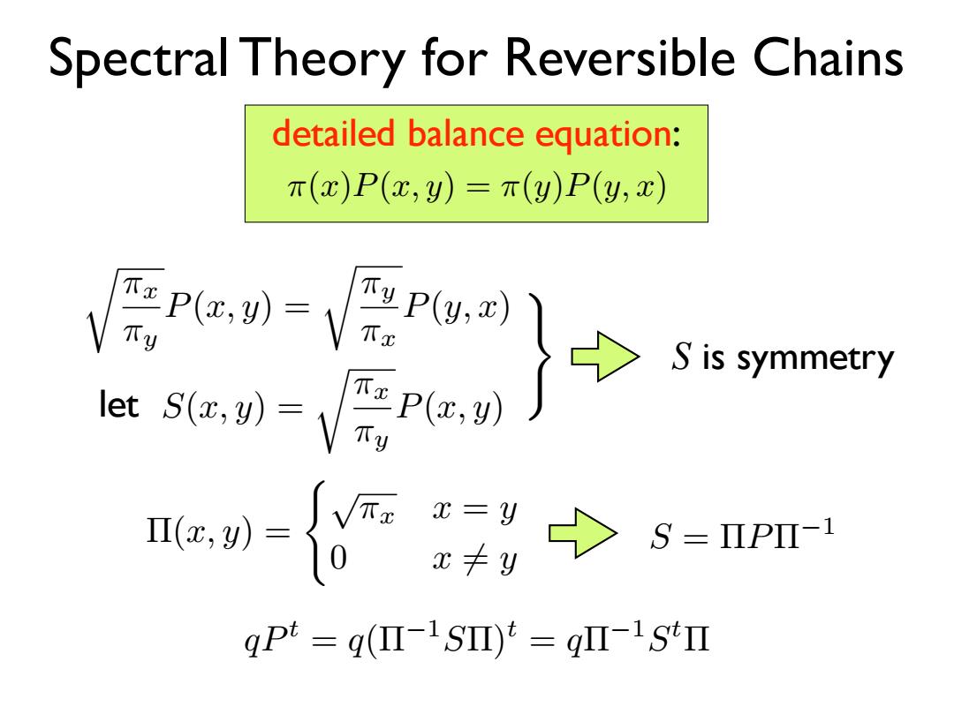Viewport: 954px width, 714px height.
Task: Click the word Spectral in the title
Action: pyautogui.click(x=139, y=59)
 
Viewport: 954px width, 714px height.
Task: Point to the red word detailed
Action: pyautogui.click(x=333, y=133)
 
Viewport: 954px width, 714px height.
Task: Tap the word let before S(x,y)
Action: pyautogui.click(x=118, y=405)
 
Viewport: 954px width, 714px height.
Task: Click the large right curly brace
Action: pyautogui.click(x=541, y=357)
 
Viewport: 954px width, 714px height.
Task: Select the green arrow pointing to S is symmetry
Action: pyautogui.click(x=605, y=357)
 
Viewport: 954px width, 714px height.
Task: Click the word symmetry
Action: pyautogui.click(x=815, y=358)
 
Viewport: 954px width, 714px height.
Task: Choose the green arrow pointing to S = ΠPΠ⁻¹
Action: pyautogui.click(x=583, y=533)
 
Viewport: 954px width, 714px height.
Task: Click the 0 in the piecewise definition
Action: pyautogui.click(x=338, y=557)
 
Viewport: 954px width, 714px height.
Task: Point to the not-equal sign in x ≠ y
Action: pyautogui.click(x=475, y=559)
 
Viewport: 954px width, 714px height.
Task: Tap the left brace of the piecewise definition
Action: pyautogui.click(x=316, y=532)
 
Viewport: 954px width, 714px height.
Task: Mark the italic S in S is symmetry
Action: pyautogui.click(x=682, y=357)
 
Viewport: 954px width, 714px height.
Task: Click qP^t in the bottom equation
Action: pyautogui.click(x=271, y=639)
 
